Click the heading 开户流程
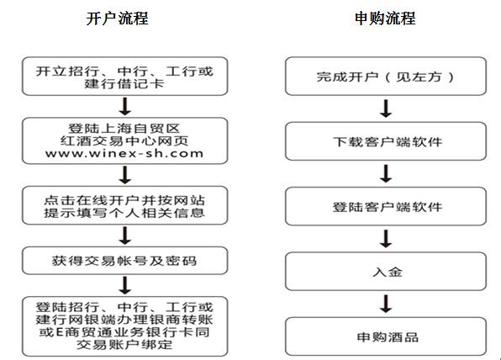coord(117,19)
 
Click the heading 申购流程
coord(385,19)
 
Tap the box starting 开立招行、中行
coord(125,77)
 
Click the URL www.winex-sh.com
coord(124,153)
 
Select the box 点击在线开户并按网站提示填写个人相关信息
coord(125,206)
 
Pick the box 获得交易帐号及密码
coord(125,261)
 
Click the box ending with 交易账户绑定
coord(125,326)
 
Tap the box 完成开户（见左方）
coord(386,77)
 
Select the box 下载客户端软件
coord(386,141)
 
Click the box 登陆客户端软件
coord(386,207)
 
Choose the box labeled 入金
coord(386,272)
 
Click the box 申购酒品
coord(386,336)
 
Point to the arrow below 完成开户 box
coord(386,109)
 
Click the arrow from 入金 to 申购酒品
coord(386,304)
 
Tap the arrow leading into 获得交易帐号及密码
coord(125,236)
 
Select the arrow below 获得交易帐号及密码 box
coord(125,285)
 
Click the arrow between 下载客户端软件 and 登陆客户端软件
coord(386,173)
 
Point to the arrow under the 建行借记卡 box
coord(125,107)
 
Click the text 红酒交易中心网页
coord(124,140)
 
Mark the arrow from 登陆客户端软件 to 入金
coord(386,239)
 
